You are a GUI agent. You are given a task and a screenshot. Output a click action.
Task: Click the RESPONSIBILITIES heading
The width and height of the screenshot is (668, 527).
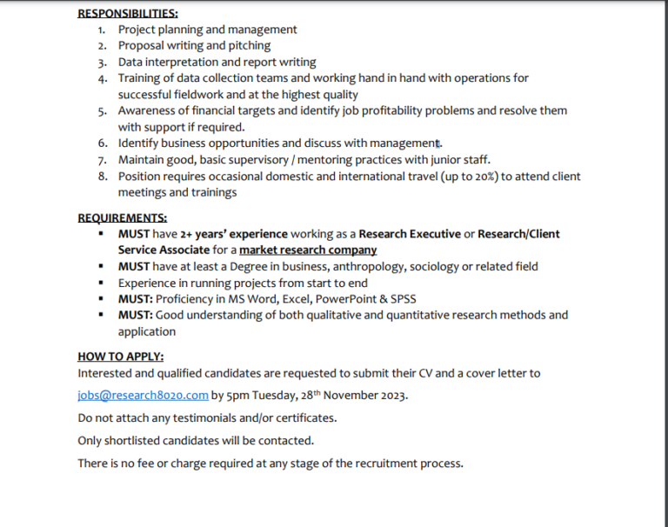pyautogui.click(x=128, y=13)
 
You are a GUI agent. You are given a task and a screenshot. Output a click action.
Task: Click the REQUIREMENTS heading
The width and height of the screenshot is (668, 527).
pyautogui.click(x=123, y=217)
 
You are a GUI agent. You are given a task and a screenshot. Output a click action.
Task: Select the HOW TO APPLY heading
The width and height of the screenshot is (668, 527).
pyautogui.click(x=121, y=356)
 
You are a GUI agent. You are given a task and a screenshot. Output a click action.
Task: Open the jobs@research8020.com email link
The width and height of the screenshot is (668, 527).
pyautogui.click(x=143, y=395)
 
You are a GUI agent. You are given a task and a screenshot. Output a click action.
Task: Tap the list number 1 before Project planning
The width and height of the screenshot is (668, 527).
pyautogui.click(x=102, y=30)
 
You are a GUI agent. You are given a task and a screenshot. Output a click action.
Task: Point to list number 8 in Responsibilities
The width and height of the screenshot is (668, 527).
pyautogui.click(x=102, y=177)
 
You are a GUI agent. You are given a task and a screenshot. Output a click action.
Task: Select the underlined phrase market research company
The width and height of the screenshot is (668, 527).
pyautogui.click(x=308, y=250)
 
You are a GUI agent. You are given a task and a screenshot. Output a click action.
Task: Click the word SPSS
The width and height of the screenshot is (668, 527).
pyautogui.click(x=404, y=299)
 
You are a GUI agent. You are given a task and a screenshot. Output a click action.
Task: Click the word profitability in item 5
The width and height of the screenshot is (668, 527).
pyautogui.click(x=385, y=111)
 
